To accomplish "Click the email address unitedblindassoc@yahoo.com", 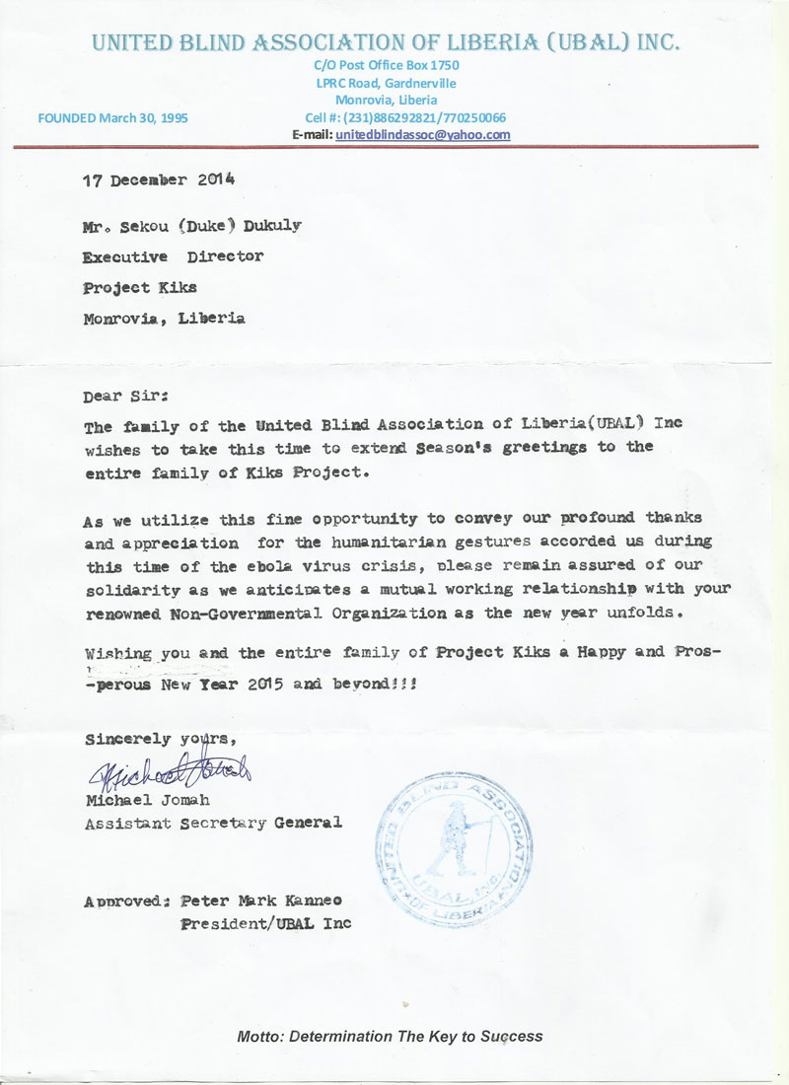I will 422,134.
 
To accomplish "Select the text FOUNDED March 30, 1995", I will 112,118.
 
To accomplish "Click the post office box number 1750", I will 443,65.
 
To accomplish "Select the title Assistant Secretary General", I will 214,823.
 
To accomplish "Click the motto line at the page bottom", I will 390,1037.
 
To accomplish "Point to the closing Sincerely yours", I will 161,738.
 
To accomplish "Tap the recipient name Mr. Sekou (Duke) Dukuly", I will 192,225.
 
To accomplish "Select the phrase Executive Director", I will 174,256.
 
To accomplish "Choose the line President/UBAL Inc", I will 265,924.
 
